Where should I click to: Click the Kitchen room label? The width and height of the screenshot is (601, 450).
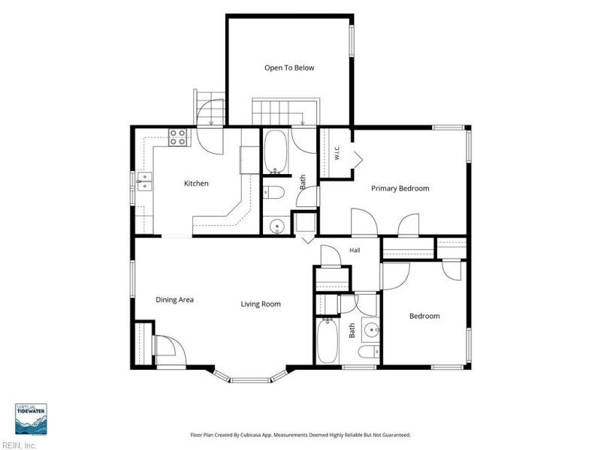tap(196, 183)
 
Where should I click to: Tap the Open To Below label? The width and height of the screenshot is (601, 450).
tap(289, 67)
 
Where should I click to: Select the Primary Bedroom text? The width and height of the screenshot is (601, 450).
tap(400, 188)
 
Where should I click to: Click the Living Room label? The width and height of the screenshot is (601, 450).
tap(261, 304)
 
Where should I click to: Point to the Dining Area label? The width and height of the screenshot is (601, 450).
tap(174, 299)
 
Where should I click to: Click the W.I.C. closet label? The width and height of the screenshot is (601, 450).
tap(337, 152)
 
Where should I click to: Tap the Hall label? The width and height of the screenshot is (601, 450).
tap(355, 250)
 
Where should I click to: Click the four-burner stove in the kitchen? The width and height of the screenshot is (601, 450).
tap(178, 137)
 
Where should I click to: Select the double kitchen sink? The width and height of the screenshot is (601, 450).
tap(144, 181)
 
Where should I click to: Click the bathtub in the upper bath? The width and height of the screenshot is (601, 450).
tap(275, 152)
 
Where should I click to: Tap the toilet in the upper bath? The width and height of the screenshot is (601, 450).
tap(273, 193)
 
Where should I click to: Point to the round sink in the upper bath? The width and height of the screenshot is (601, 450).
tap(276, 226)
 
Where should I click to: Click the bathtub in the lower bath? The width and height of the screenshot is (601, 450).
tap(328, 341)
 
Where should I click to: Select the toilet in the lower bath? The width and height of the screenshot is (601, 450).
tap(369, 351)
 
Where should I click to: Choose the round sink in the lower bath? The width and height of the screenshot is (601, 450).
tap(372, 329)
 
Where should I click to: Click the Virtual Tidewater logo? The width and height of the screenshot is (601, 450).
tap(31, 419)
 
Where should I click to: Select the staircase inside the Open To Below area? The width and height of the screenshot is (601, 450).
tap(285, 111)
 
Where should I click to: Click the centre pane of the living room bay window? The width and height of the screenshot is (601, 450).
tap(251, 380)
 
